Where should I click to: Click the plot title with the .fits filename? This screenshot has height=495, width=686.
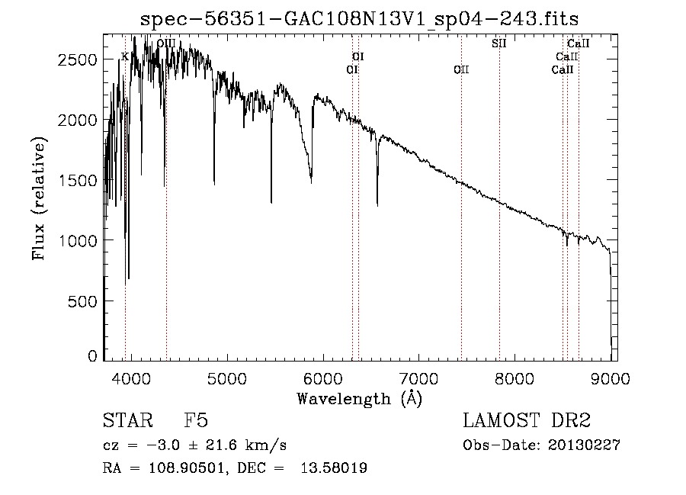[x=359, y=19]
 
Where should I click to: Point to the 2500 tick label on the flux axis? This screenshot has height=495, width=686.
[x=77, y=59]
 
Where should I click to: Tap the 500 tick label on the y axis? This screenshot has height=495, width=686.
[x=82, y=301]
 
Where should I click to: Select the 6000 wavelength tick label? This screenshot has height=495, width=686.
[x=323, y=378]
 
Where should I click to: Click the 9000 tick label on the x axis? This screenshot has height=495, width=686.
[x=611, y=378]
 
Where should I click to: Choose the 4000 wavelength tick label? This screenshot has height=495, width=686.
[x=131, y=378]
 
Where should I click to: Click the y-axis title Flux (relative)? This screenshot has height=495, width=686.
[x=39, y=199]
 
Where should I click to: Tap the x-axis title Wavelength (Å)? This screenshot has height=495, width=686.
[x=360, y=399]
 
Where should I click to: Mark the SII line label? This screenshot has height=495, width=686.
[x=499, y=43]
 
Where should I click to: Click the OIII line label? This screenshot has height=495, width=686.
[x=166, y=43]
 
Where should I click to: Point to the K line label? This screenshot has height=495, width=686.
[x=125, y=57]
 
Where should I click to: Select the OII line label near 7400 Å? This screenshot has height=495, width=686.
[x=461, y=70]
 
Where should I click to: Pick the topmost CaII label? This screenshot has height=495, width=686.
[x=579, y=43]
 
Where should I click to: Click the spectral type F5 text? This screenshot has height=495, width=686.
[x=196, y=420]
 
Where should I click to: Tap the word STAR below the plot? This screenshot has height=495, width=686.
[x=128, y=420]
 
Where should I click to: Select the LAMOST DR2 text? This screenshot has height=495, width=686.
[x=527, y=420]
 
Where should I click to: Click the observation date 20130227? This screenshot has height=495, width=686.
[x=584, y=445]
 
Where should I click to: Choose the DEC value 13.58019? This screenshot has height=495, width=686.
[x=334, y=468]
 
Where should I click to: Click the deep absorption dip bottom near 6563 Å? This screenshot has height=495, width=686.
[x=377, y=204]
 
